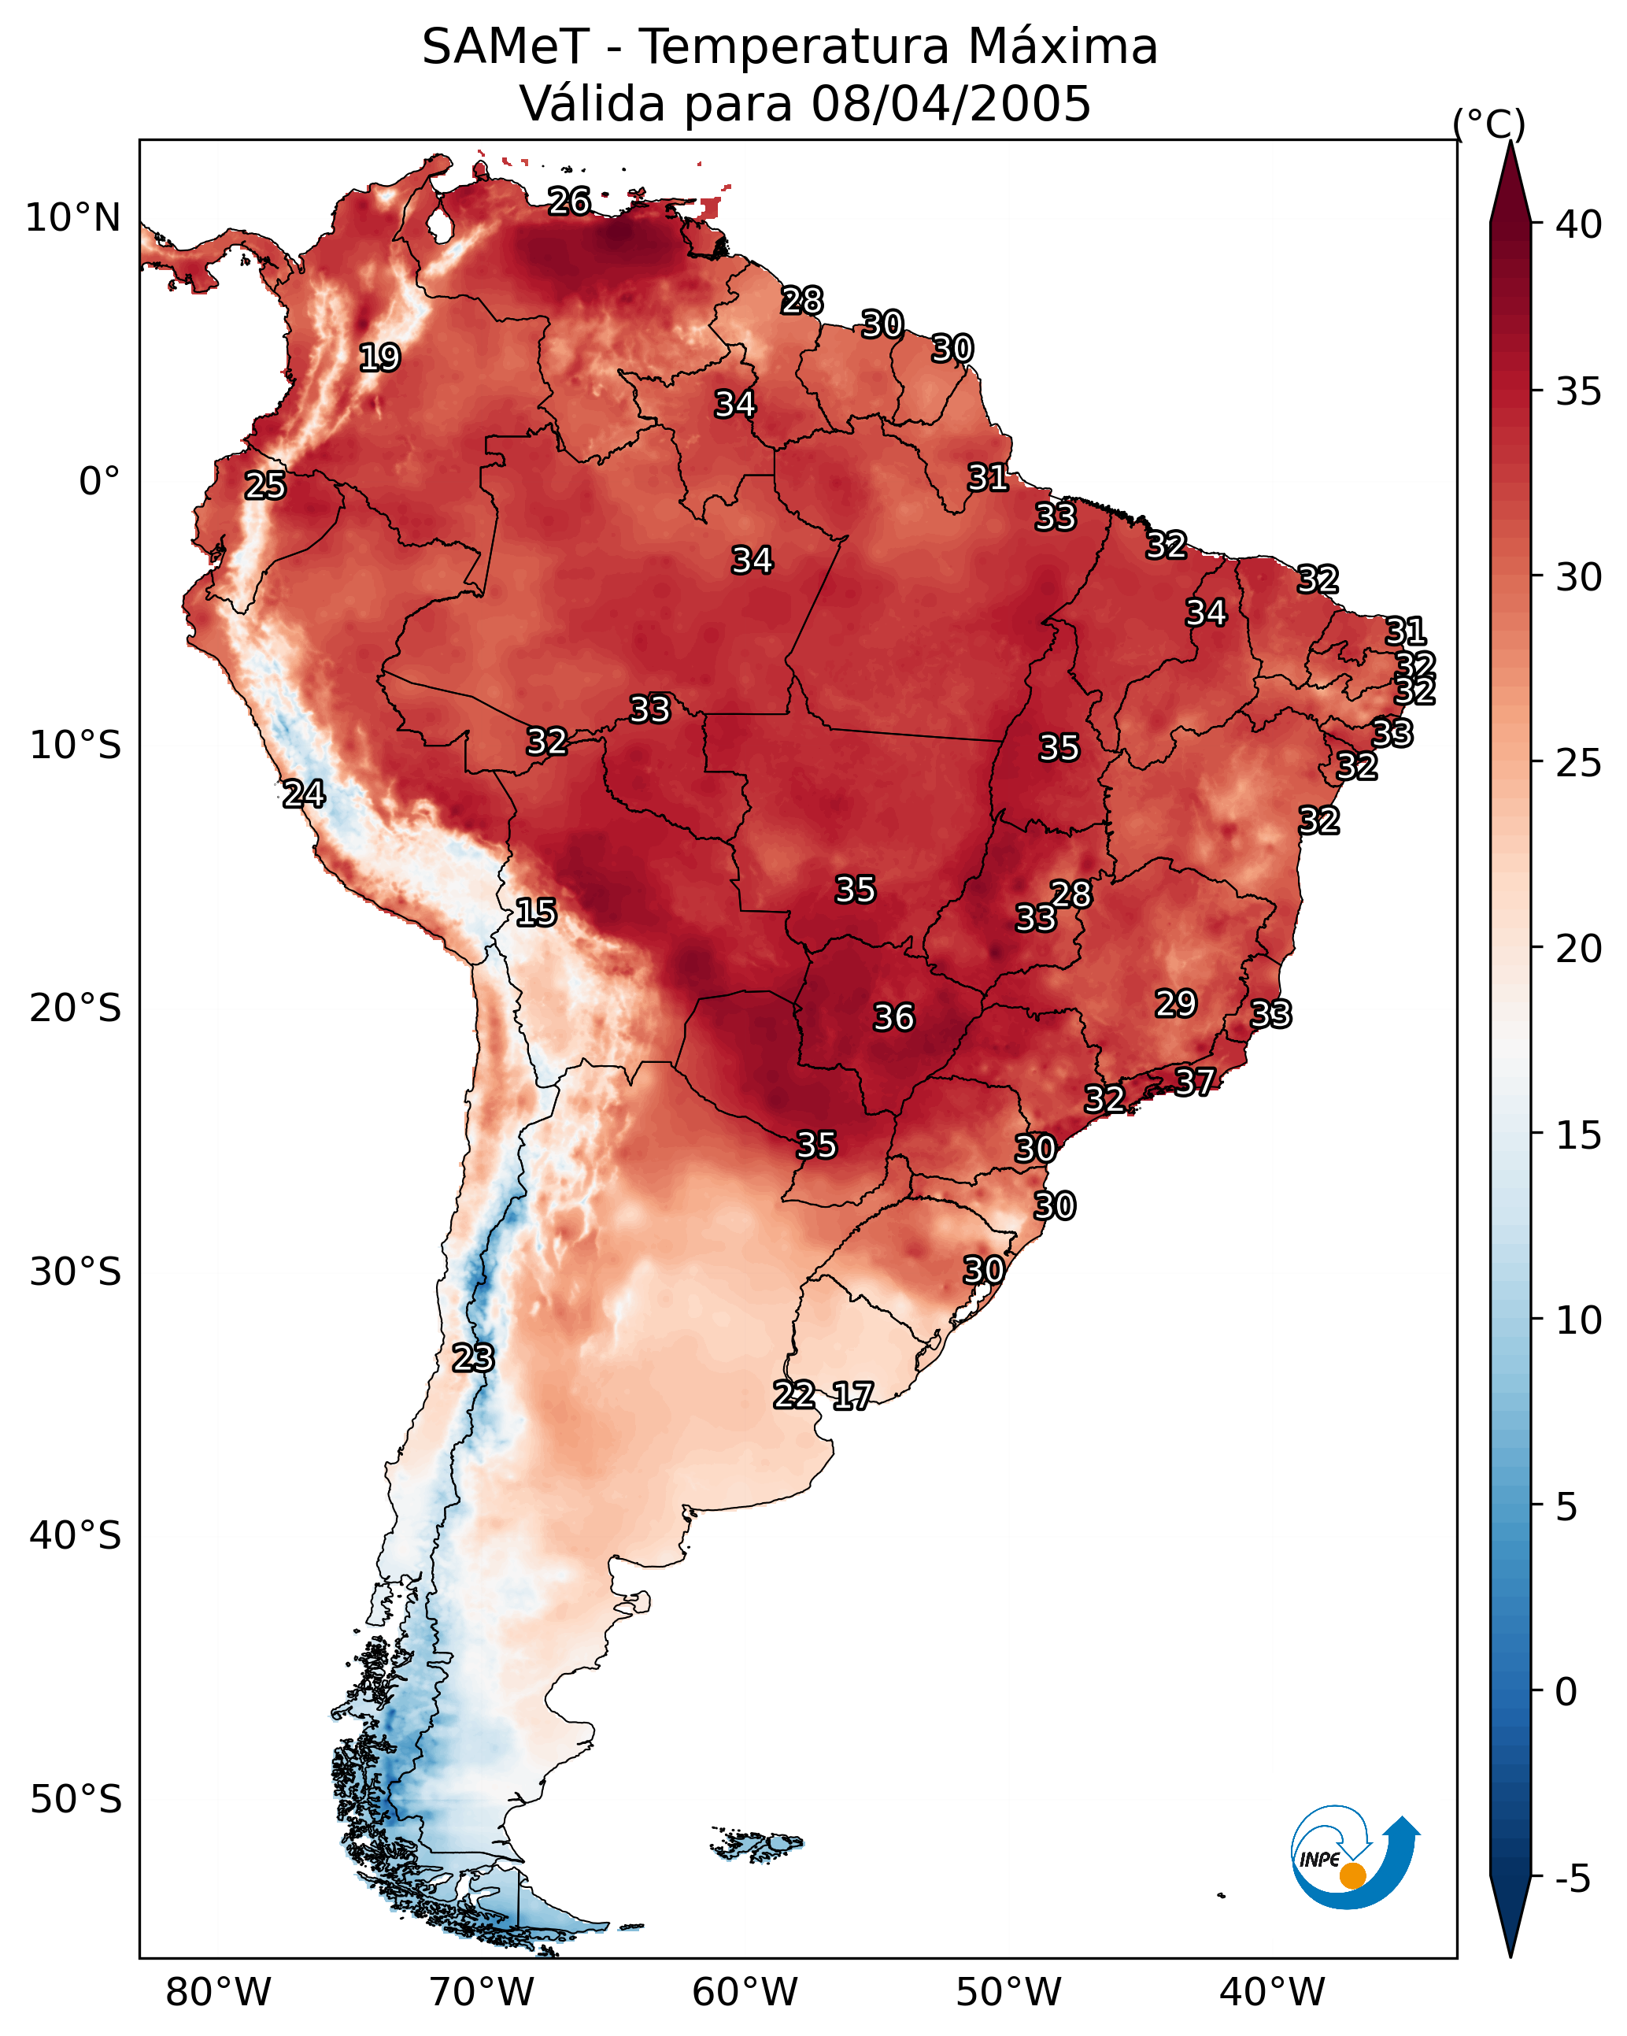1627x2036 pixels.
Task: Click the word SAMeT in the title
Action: point(505,47)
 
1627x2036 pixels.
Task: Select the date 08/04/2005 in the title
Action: point(951,104)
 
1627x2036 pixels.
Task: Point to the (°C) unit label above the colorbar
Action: point(1489,124)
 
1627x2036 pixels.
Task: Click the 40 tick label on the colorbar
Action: point(1579,224)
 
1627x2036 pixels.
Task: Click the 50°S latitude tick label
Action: point(76,1800)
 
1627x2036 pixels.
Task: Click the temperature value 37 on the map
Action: point(1195,1081)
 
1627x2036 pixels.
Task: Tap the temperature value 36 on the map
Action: point(893,1018)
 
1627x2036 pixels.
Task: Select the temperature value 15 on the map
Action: point(535,912)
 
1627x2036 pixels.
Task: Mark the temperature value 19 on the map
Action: point(379,358)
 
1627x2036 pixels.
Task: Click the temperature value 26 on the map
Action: point(569,201)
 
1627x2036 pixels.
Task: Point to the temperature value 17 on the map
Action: point(852,1396)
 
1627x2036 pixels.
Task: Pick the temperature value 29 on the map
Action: point(1176,1003)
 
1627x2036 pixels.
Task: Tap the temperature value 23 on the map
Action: point(472,1358)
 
